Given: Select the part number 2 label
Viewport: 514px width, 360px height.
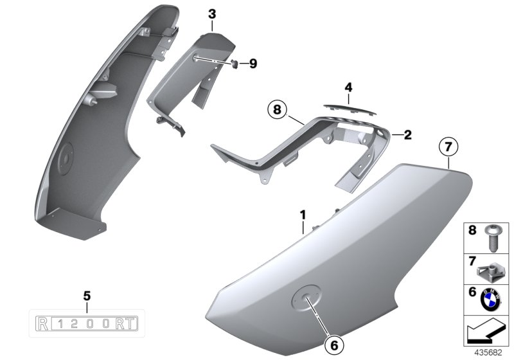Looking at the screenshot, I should [x=407, y=135].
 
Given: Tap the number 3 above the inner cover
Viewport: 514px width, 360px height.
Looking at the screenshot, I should [x=213, y=13].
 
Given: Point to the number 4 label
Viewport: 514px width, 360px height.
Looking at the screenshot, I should [x=348, y=87].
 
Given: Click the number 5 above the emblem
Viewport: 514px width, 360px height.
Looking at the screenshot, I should [x=87, y=296].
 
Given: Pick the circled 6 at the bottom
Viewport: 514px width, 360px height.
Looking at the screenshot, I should [x=334, y=345].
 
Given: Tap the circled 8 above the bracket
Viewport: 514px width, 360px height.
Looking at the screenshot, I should [x=277, y=111].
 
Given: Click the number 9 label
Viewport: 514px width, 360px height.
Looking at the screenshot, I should [x=253, y=63].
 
